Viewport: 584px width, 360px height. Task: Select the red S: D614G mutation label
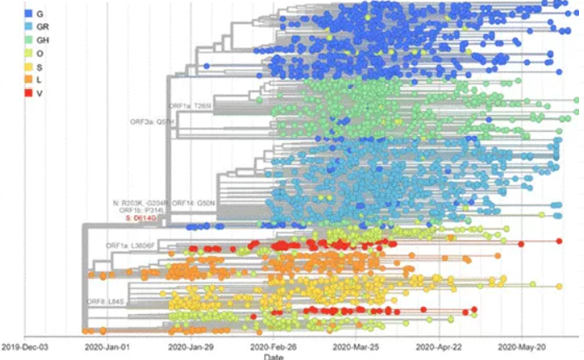[143, 218]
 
